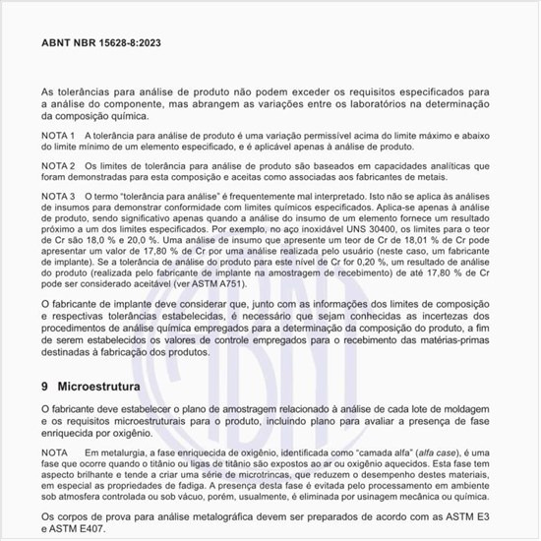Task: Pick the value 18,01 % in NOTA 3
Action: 411,240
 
